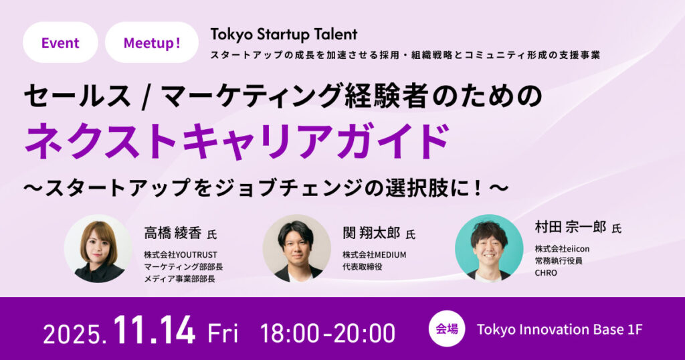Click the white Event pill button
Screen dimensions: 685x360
pos(60,42)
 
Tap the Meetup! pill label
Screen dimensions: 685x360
pos(152,42)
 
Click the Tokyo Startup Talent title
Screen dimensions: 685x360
pos(284,34)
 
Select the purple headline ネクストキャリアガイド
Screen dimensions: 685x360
pos(237,142)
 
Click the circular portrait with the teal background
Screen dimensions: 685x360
pos(489,248)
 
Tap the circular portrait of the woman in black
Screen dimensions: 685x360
pos(98,249)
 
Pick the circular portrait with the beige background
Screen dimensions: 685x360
pos(296,249)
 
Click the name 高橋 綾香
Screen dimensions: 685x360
pos(173,234)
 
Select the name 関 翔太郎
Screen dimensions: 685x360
pos(371,234)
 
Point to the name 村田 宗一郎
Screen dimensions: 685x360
pos(571,228)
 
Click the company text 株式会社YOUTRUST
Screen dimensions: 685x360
pos(181,255)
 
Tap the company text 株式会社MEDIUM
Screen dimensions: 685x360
pos(375,255)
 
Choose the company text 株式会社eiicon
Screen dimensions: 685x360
pos(562,249)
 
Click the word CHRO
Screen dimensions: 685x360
pos(546,272)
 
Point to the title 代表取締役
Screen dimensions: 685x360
pos(362,266)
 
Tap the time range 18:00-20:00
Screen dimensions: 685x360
pos(328,333)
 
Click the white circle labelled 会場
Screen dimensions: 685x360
pos(446,329)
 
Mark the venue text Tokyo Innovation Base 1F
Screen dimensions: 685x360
pos(560,329)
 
